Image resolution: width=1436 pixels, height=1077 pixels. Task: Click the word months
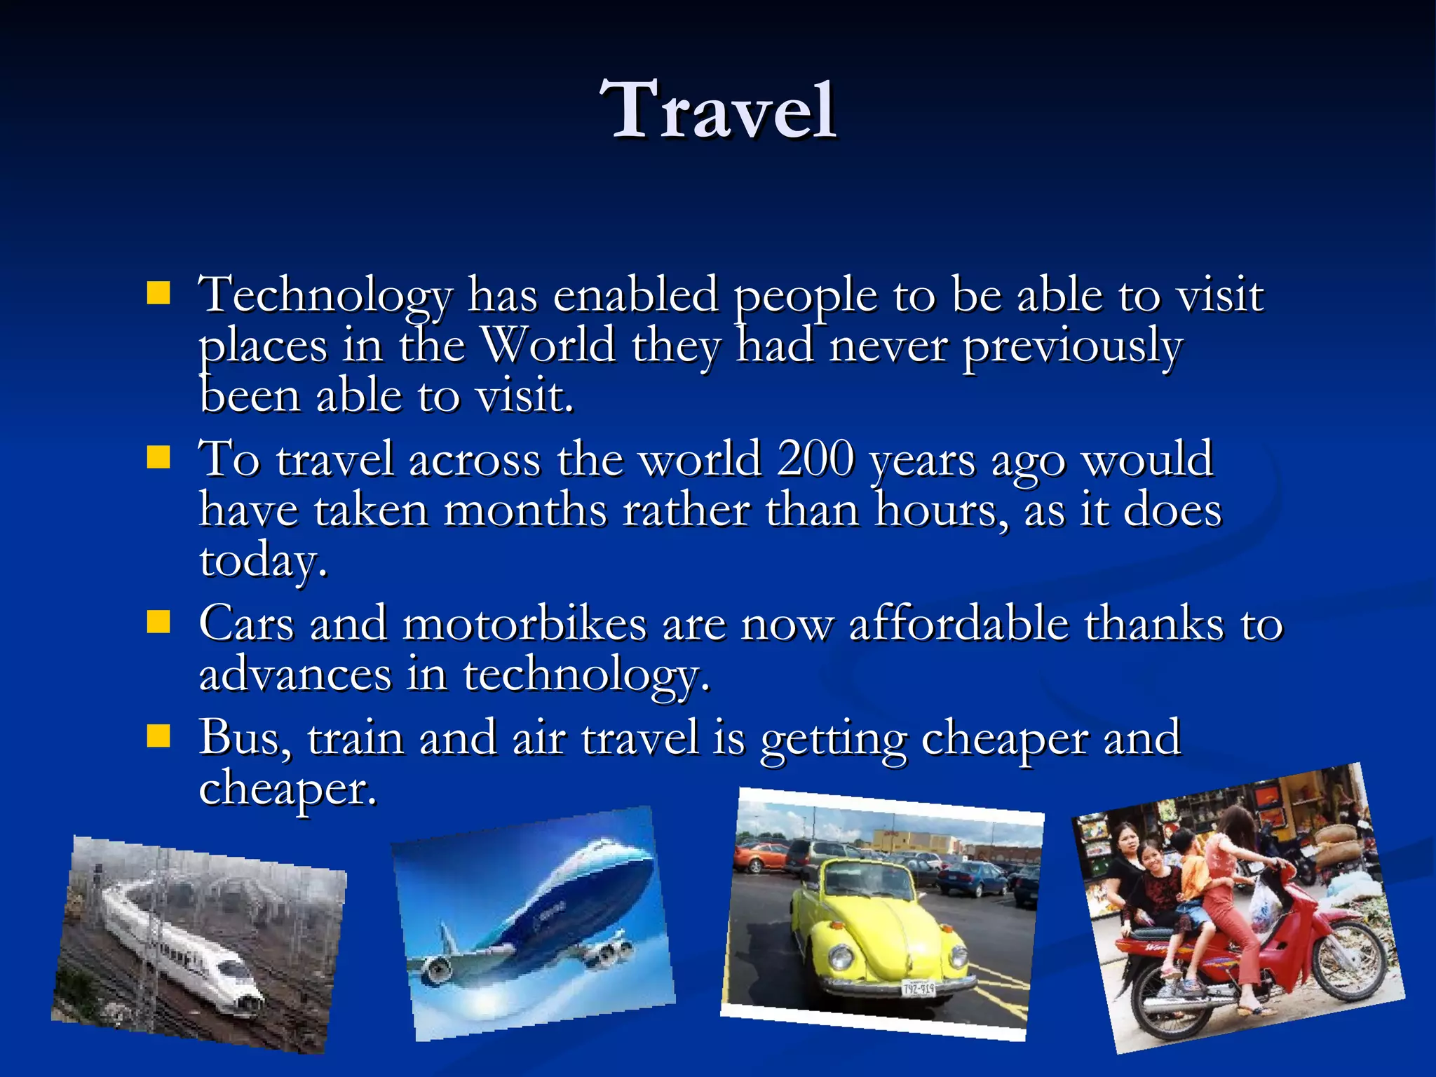click(x=525, y=510)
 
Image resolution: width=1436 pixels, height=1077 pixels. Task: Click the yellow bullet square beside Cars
click(x=159, y=621)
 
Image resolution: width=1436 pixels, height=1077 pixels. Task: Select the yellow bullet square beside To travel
click(x=159, y=458)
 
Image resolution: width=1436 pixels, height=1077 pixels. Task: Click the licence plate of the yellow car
click(x=919, y=989)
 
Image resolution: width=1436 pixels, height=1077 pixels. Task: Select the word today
click(x=264, y=561)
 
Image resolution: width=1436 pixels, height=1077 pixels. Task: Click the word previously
click(x=1072, y=346)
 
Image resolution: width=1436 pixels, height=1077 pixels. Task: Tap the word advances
click(x=294, y=675)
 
